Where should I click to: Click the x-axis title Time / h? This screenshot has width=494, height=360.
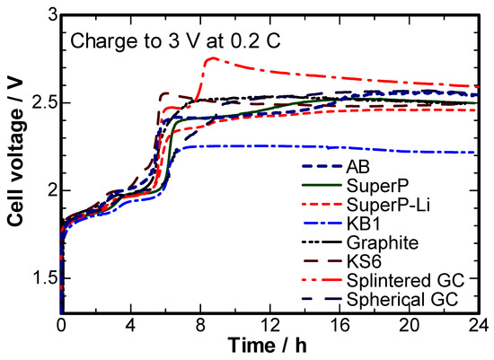click(269, 346)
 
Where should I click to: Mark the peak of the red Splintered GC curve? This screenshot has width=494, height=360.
click(212, 58)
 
